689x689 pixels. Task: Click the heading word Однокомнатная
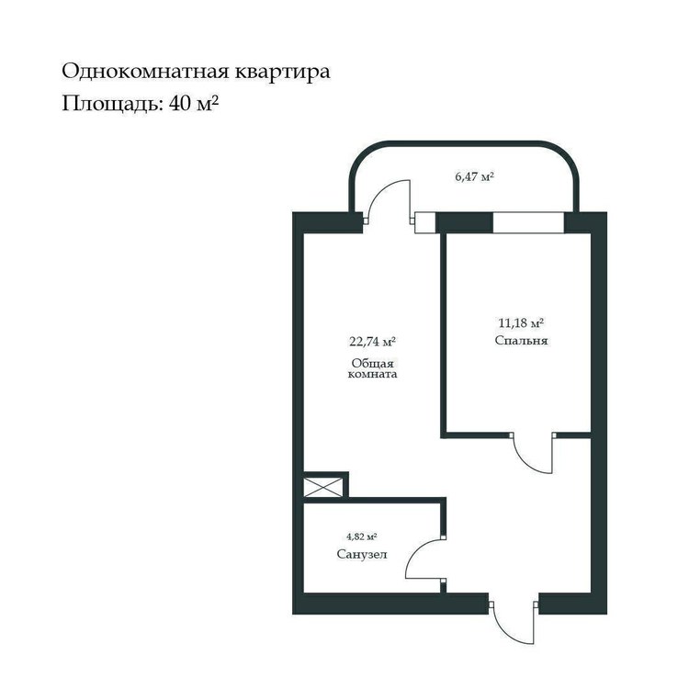(x=145, y=72)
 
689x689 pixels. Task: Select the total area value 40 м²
(x=193, y=104)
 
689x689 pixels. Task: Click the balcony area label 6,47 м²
(x=474, y=177)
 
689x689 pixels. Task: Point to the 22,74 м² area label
(x=373, y=342)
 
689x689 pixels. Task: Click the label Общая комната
(x=373, y=368)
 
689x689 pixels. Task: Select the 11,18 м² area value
(x=521, y=323)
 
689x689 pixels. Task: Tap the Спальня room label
(x=521, y=341)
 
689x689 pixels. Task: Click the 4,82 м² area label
(x=362, y=537)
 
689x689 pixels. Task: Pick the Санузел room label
(x=362, y=554)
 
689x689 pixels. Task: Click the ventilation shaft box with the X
(x=323, y=487)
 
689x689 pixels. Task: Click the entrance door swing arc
(x=505, y=633)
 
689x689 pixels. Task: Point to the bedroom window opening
(x=528, y=223)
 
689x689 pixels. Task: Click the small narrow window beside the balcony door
(x=425, y=223)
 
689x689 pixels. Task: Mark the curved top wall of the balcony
(x=464, y=143)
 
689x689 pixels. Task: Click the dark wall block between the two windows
(x=464, y=223)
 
